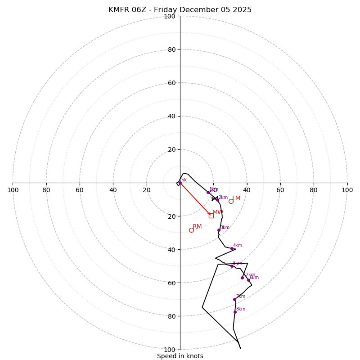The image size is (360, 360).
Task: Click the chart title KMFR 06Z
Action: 180,10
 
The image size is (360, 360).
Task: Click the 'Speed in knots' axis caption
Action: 180,356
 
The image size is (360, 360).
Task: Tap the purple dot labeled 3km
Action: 219,230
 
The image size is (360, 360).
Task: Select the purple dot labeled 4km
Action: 232,248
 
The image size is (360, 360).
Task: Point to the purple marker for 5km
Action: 232,266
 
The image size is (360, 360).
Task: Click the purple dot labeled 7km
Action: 234,299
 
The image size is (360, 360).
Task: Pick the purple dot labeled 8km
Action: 235,312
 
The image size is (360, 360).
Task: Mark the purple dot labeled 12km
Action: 242,278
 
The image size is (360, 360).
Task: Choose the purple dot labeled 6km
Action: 248,280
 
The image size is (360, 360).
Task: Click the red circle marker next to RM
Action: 191,230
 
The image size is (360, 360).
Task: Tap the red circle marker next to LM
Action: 231,201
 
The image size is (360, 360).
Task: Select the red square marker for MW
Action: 211,216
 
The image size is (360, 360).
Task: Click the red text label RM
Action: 197,226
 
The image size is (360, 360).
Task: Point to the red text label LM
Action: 236,198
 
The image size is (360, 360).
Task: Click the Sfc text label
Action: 184,180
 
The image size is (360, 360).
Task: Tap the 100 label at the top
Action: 170,16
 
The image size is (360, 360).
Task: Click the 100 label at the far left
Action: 13,190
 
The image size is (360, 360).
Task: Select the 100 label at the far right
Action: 347,190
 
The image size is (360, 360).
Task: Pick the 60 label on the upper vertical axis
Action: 171,83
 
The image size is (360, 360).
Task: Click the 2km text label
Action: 223,197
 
